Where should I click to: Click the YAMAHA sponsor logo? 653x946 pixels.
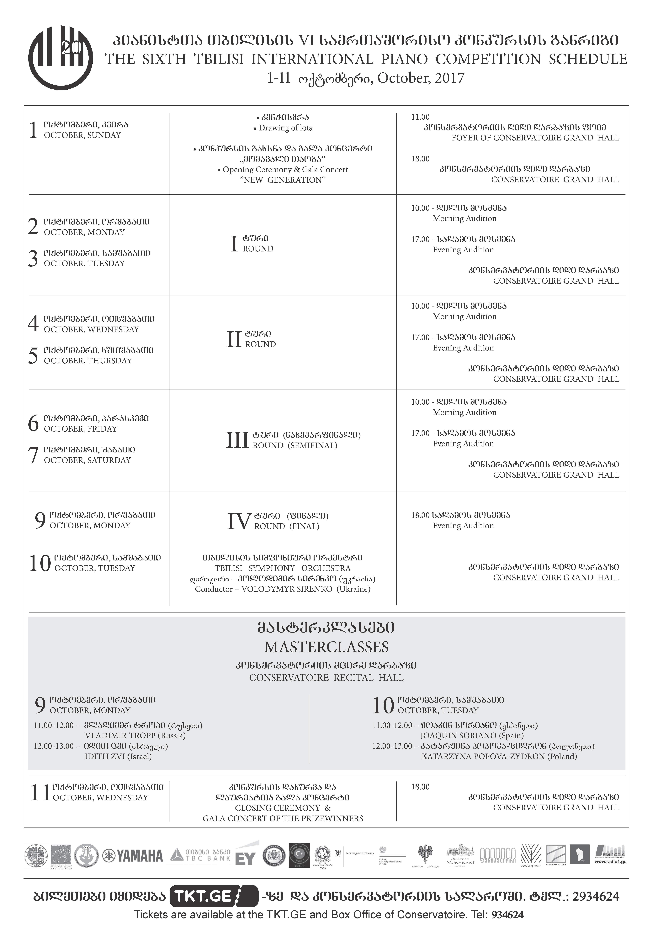tap(133, 856)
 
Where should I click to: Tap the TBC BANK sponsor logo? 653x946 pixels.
tap(200, 855)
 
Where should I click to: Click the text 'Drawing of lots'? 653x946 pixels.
tap(285, 128)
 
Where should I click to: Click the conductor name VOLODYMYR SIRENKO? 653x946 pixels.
tap(286, 589)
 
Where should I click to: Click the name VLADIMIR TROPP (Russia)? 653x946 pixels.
tap(135, 735)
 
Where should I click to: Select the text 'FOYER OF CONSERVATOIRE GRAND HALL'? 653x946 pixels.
tap(535, 138)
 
